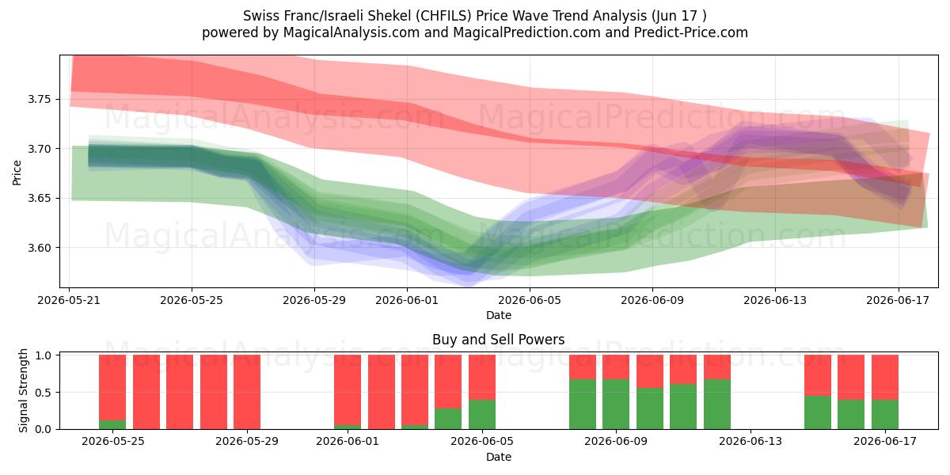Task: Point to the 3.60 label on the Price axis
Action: pyautogui.click(x=39, y=248)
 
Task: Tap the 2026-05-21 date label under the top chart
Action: pyautogui.click(x=69, y=300)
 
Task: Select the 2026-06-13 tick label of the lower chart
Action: pyautogui.click(x=750, y=441)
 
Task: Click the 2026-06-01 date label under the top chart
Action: pyautogui.click(x=407, y=300)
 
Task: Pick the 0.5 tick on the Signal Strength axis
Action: pyautogui.click(x=43, y=393)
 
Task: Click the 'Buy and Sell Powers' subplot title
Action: pyautogui.click(x=498, y=340)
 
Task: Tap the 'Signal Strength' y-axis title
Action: pyautogui.click(x=23, y=390)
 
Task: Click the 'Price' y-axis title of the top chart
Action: pyautogui.click(x=17, y=173)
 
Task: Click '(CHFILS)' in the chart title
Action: pyautogui.click(x=443, y=16)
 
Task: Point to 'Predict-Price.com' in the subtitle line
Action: pyautogui.click(x=691, y=32)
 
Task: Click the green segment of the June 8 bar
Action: pyautogui.click(x=583, y=405)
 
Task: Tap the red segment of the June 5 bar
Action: pyautogui.click(x=482, y=378)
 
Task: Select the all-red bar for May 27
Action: pyautogui.click(x=180, y=392)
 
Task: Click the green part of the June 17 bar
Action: pyautogui.click(x=885, y=414)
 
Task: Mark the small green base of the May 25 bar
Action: pyautogui.click(x=112, y=424)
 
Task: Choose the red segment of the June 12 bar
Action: pyautogui.click(x=717, y=367)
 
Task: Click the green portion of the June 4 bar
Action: pyautogui.click(x=448, y=419)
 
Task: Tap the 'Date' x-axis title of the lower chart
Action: pyautogui.click(x=498, y=458)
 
